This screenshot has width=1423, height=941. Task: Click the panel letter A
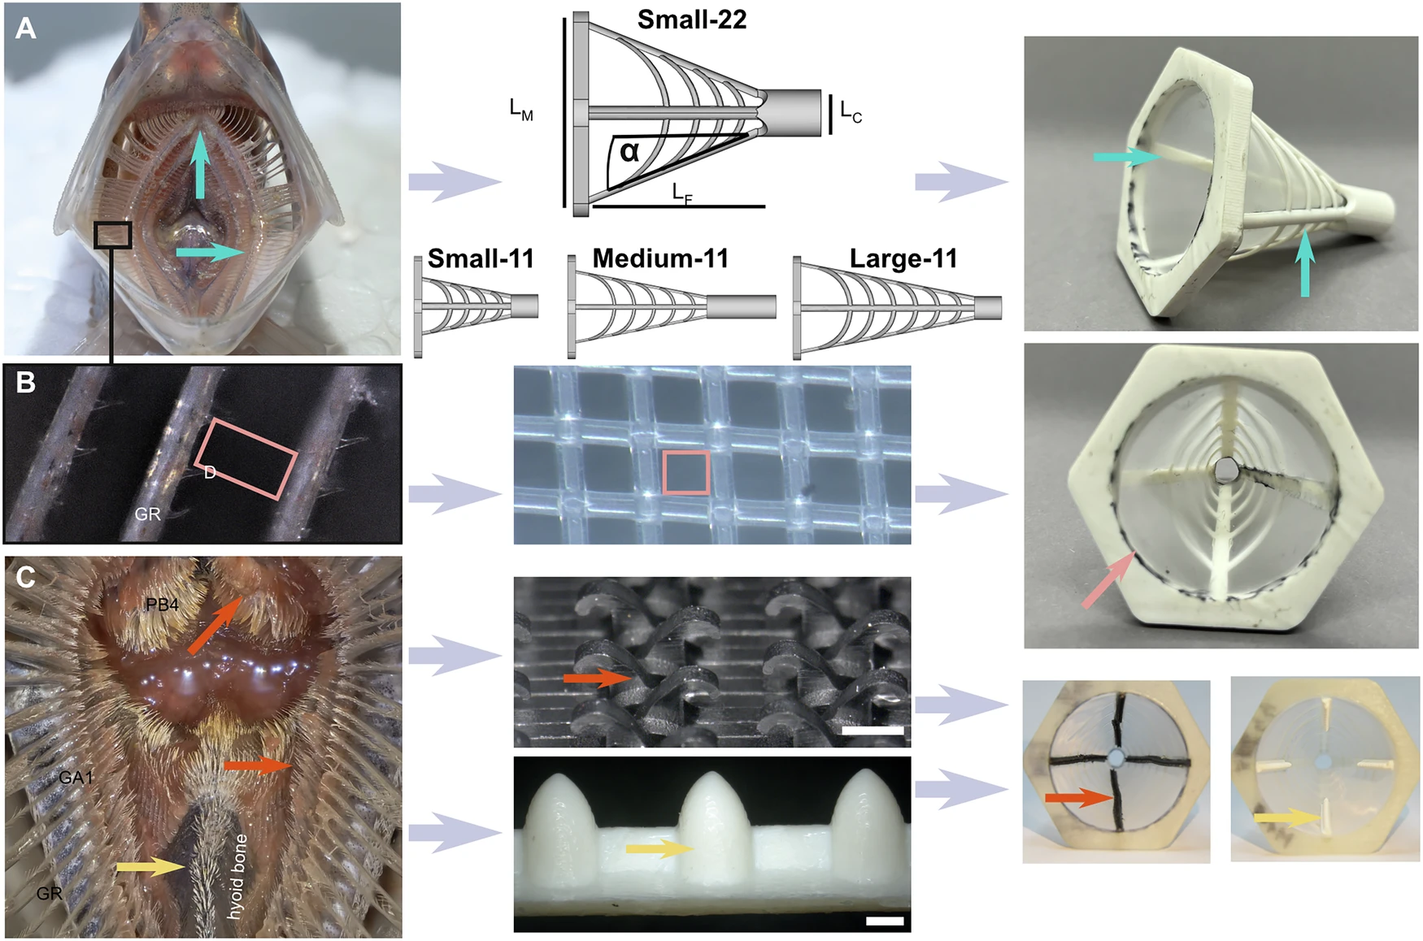point(26,28)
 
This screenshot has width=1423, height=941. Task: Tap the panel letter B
point(26,382)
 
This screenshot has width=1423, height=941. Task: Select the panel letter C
point(26,576)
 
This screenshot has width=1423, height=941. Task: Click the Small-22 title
point(691,20)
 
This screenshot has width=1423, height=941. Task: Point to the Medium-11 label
point(660,258)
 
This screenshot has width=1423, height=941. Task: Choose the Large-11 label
point(903,258)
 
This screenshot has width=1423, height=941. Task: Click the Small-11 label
point(481,258)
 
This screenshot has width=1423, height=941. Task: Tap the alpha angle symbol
point(629,151)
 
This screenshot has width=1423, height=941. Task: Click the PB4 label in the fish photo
point(162,605)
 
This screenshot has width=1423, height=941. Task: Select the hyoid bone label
point(237,877)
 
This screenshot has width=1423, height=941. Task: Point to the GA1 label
point(76,778)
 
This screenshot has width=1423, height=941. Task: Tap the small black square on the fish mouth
point(112,234)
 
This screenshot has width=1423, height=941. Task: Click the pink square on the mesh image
point(686,473)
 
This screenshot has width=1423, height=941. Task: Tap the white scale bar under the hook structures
point(873,731)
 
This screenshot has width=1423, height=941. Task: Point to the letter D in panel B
point(210,473)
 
